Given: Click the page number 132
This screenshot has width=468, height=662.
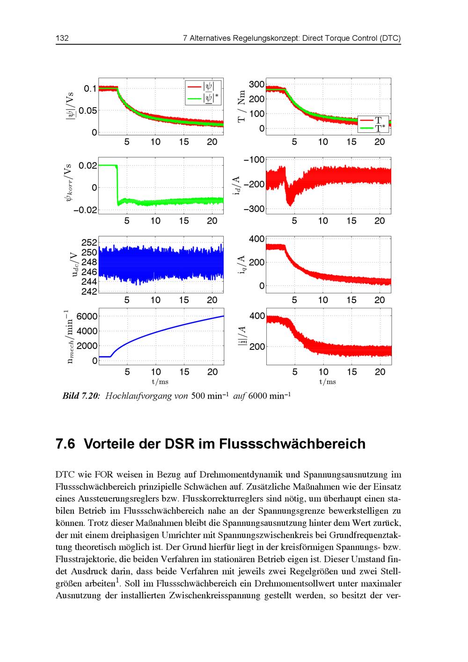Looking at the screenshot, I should coord(62,38).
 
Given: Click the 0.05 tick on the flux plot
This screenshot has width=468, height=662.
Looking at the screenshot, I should coord(88,111).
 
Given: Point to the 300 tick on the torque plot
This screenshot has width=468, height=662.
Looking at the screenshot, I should coord(256,85).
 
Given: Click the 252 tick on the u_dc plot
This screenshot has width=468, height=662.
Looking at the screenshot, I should coord(89,242).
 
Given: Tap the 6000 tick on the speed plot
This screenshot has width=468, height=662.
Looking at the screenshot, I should coord(88,316).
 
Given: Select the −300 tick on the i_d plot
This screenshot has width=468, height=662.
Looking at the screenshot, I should coord(254,209).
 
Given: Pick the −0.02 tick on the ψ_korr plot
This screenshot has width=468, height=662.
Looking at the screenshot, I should coord(85,210).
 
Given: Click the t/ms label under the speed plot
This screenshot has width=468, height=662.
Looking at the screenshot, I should coord(160,382).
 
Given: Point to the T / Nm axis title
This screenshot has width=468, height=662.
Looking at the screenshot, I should coord(242,107).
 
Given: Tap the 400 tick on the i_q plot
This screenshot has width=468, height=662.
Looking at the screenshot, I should coord(256,239).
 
